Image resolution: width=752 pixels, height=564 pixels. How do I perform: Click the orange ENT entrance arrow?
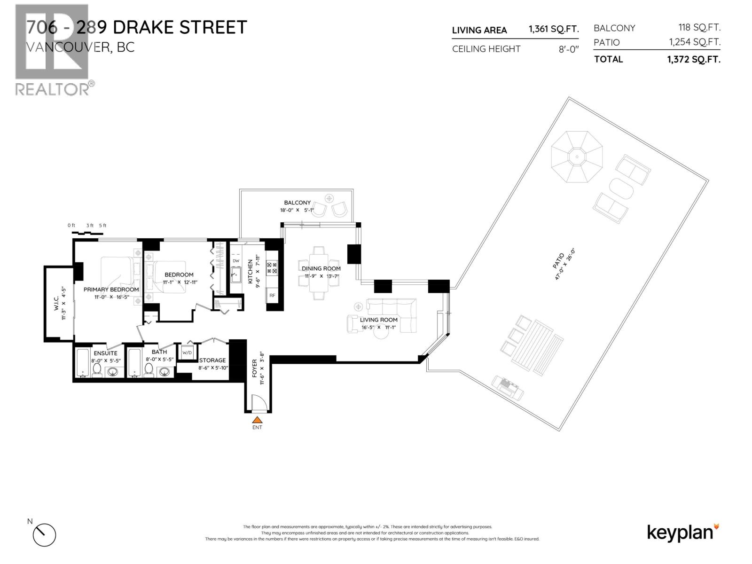(x=257, y=420)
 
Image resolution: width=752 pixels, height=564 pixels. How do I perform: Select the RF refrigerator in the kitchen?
(x=272, y=296)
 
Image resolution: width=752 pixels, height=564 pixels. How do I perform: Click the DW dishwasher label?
(x=236, y=261)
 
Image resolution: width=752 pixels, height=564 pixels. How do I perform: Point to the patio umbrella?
(x=577, y=157)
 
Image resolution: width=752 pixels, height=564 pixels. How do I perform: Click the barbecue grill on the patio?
(x=508, y=387)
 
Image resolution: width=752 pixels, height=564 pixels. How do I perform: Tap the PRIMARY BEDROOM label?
(x=111, y=290)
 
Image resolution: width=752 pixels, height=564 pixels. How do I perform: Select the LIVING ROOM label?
(x=378, y=320)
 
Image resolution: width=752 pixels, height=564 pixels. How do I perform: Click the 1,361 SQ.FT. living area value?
(x=553, y=29)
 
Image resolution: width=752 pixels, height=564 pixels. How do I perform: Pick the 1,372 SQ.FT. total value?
(x=693, y=59)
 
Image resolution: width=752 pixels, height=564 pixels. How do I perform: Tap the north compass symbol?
(x=44, y=534)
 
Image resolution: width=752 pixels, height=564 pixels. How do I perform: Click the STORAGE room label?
(x=212, y=360)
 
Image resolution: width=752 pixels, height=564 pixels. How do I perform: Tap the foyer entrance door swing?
(x=259, y=403)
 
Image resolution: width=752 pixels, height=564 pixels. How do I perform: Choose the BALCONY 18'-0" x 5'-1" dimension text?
(x=297, y=210)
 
